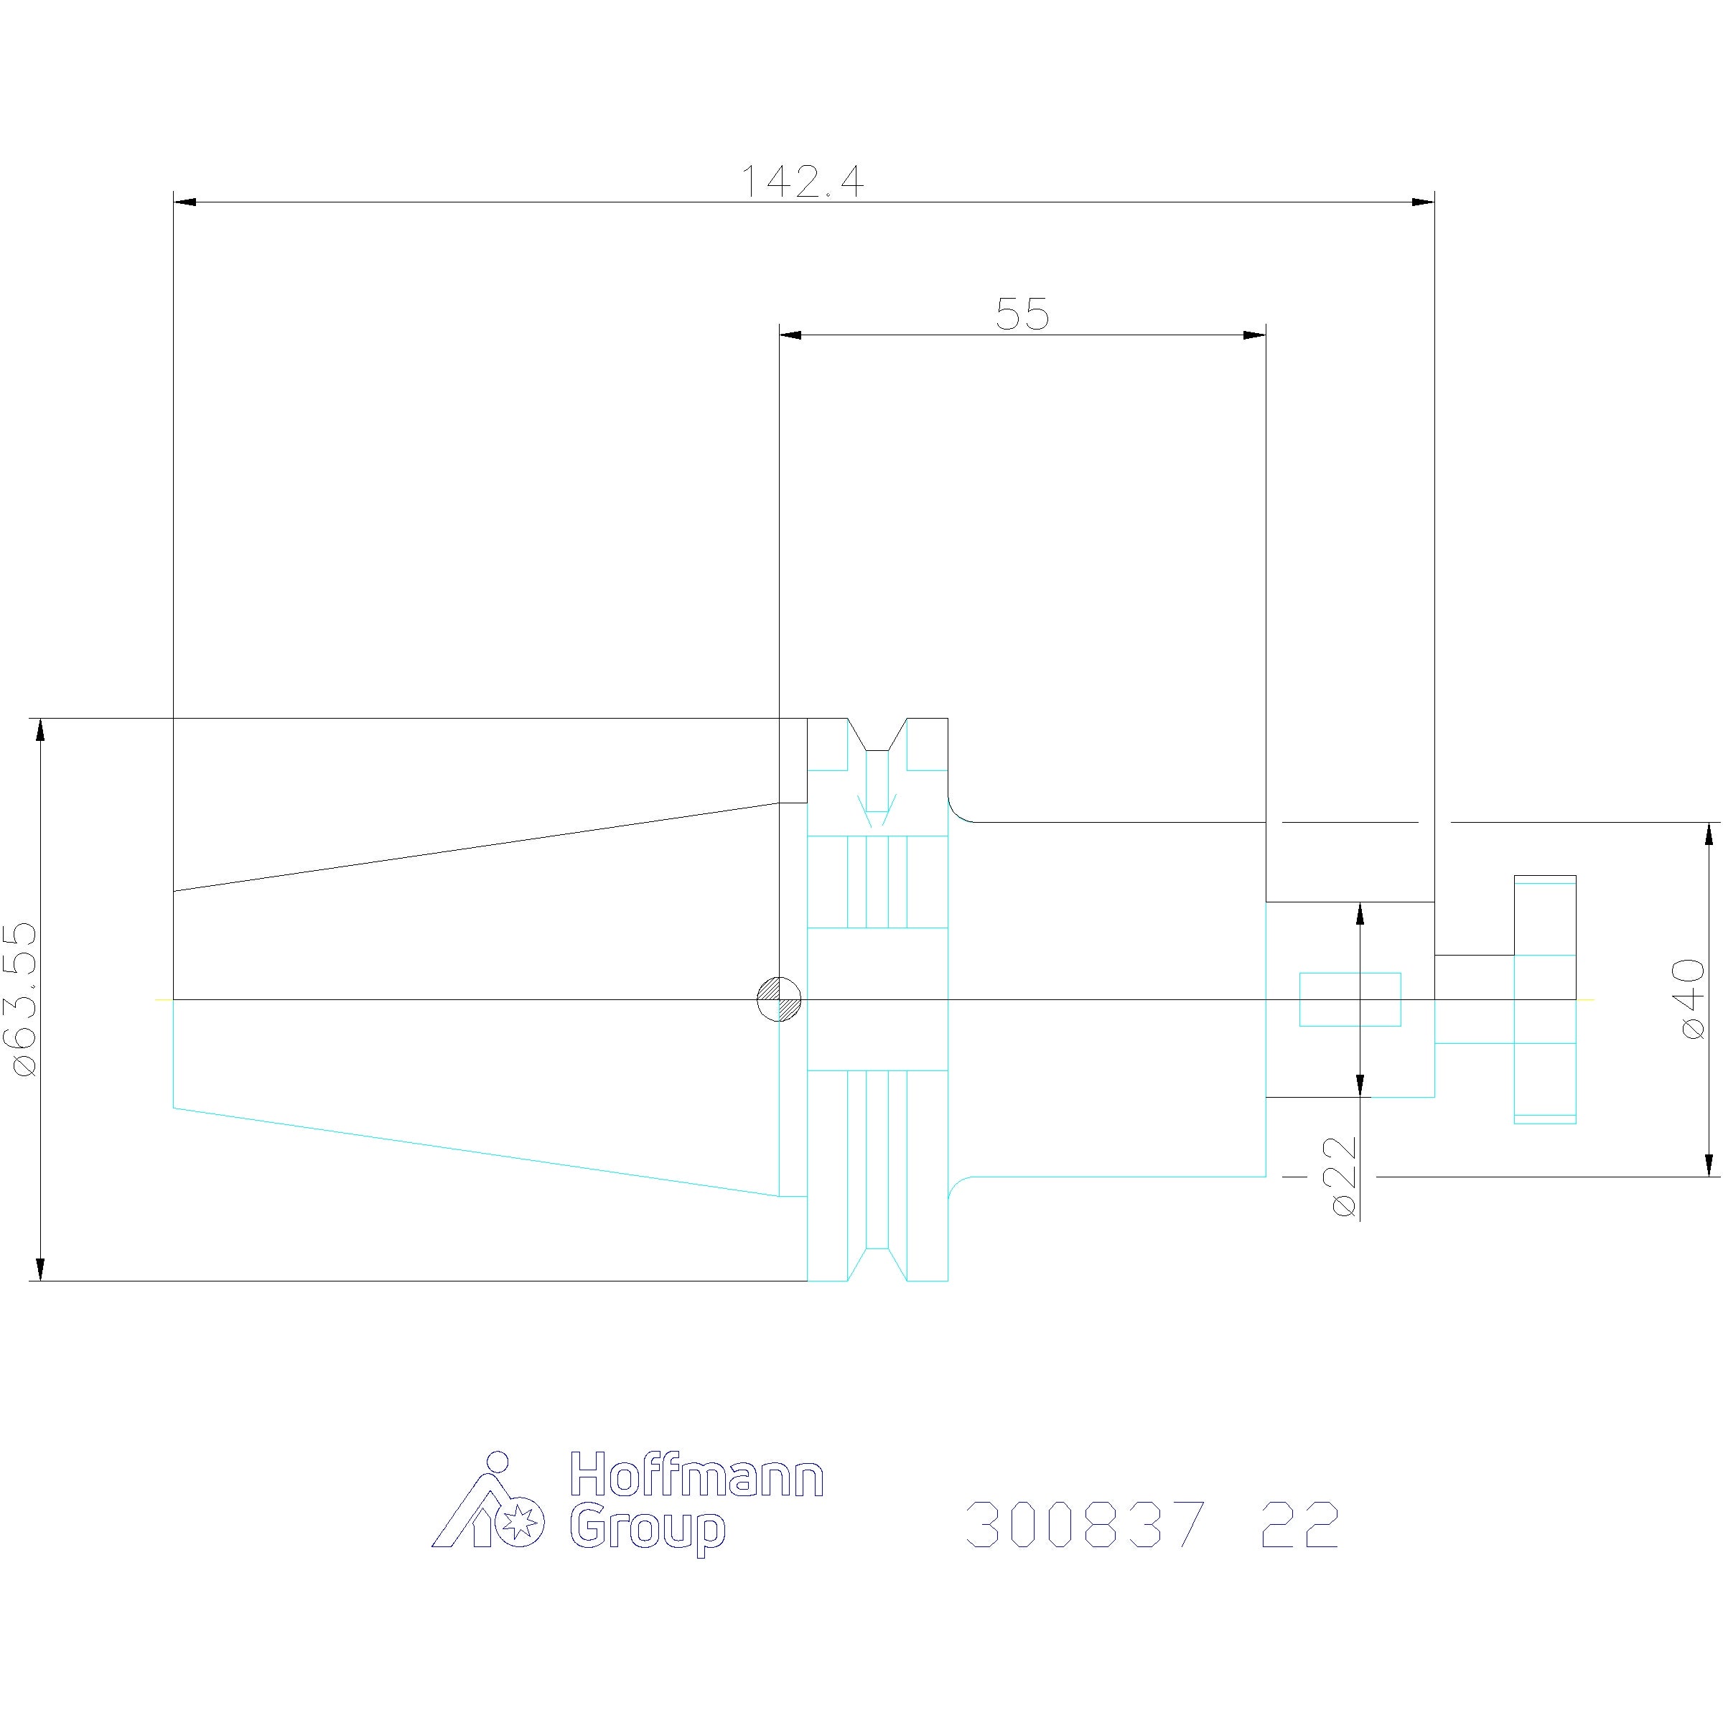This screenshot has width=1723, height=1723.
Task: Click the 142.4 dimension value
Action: point(803,181)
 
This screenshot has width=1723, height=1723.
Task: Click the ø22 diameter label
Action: point(1343,1177)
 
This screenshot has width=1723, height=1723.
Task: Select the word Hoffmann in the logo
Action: point(696,1475)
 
